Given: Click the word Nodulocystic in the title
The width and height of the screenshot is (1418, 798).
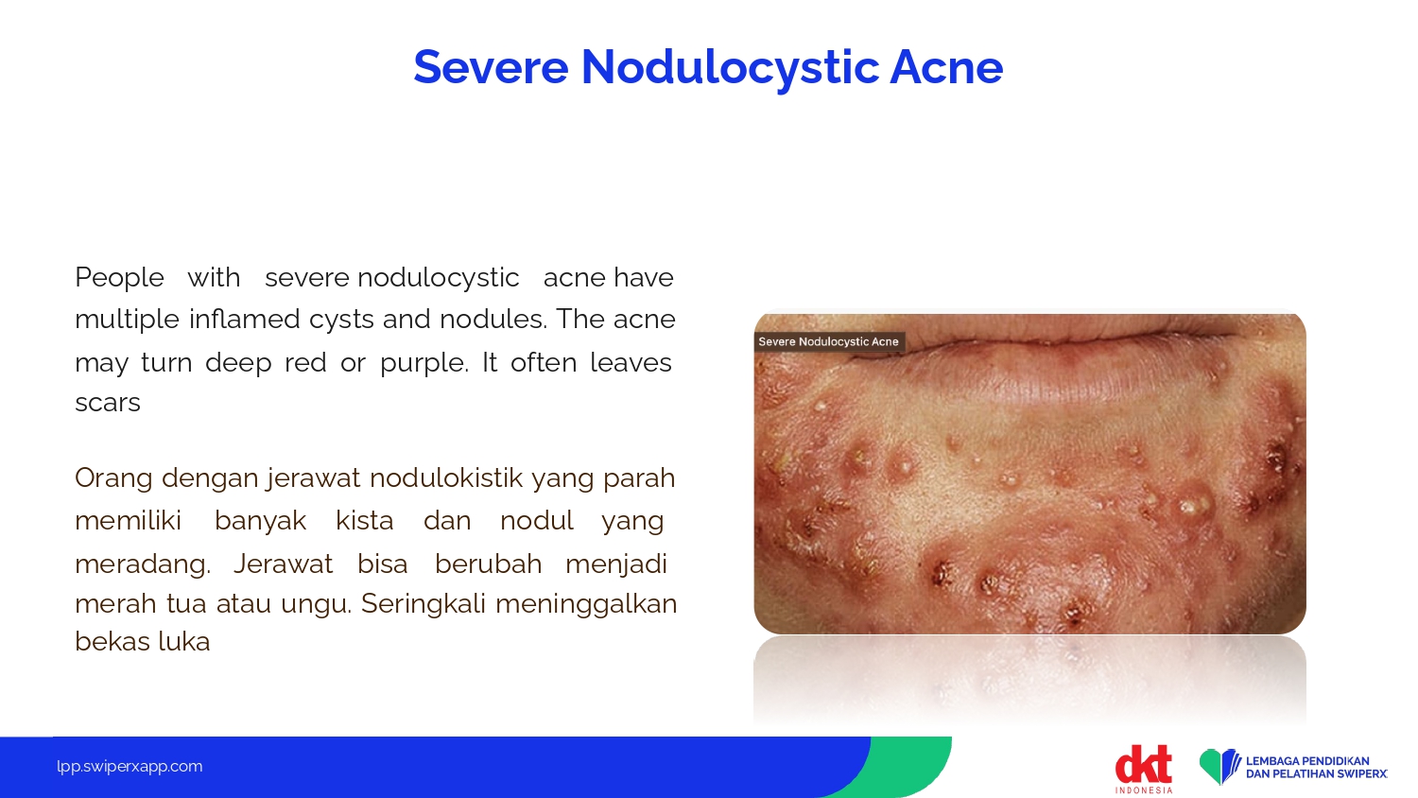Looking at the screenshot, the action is tap(730, 68).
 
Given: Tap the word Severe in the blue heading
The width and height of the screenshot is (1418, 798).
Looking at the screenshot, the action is tap(491, 67).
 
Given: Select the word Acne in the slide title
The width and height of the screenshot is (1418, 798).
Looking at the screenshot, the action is tap(946, 67).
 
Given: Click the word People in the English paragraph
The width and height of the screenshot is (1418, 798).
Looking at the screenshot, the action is tap(120, 278).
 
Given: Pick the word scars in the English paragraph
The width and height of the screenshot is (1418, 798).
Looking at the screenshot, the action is tap(108, 403).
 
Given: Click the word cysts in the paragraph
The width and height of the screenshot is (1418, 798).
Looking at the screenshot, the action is tap(342, 320).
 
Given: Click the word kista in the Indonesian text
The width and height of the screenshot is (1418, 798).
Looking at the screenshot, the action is tap(365, 521).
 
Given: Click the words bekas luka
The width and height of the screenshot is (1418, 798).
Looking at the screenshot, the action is tap(143, 642).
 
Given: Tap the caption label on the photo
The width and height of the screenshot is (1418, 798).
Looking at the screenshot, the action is tap(829, 342).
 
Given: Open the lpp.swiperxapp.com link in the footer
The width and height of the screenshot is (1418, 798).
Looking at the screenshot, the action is tap(130, 767).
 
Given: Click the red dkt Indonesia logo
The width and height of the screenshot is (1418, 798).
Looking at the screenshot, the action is tap(1143, 769).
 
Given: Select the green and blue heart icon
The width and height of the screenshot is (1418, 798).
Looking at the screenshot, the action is tap(1219, 767).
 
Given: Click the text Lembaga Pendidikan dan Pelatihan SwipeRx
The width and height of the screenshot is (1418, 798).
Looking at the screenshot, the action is tap(1317, 768).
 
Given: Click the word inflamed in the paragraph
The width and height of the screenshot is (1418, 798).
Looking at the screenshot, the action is tap(244, 320).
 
